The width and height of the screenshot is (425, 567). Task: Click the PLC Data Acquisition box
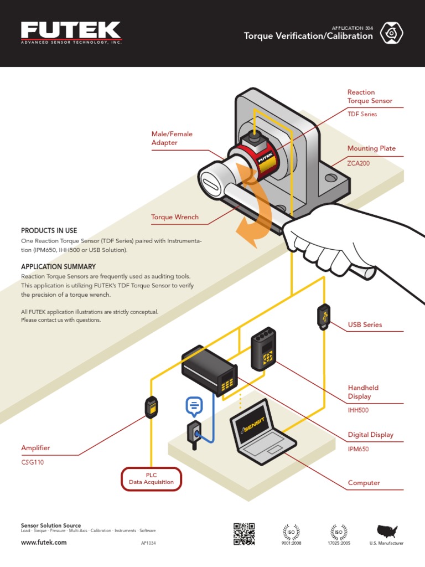pyautogui.click(x=151, y=479)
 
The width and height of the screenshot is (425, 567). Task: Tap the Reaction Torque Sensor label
pyautogui.click(x=370, y=96)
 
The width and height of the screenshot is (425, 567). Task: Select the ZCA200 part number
pyautogui.click(x=358, y=164)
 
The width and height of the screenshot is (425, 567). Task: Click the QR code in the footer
pyautogui.click(x=243, y=533)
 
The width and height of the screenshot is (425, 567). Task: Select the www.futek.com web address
pyautogui.click(x=44, y=543)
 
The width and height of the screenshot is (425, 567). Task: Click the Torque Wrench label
pyautogui.click(x=175, y=217)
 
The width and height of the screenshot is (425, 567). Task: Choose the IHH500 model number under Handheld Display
pyautogui.click(x=358, y=410)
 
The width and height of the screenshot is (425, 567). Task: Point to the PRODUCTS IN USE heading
pyautogui.click(x=49, y=230)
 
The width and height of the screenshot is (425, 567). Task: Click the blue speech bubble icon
pyautogui.click(x=194, y=406)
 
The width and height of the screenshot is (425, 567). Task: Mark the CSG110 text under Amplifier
pyautogui.click(x=32, y=462)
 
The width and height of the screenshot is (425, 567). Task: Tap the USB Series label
pyautogui.click(x=365, y=324)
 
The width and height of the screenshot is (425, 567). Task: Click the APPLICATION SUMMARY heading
pyautogui.click(x=58, y=266)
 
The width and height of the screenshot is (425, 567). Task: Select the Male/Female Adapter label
pyautogui.click(x=172, y=138)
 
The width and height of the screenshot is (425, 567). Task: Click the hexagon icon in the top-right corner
pyautogui.click(x=392, y=33)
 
